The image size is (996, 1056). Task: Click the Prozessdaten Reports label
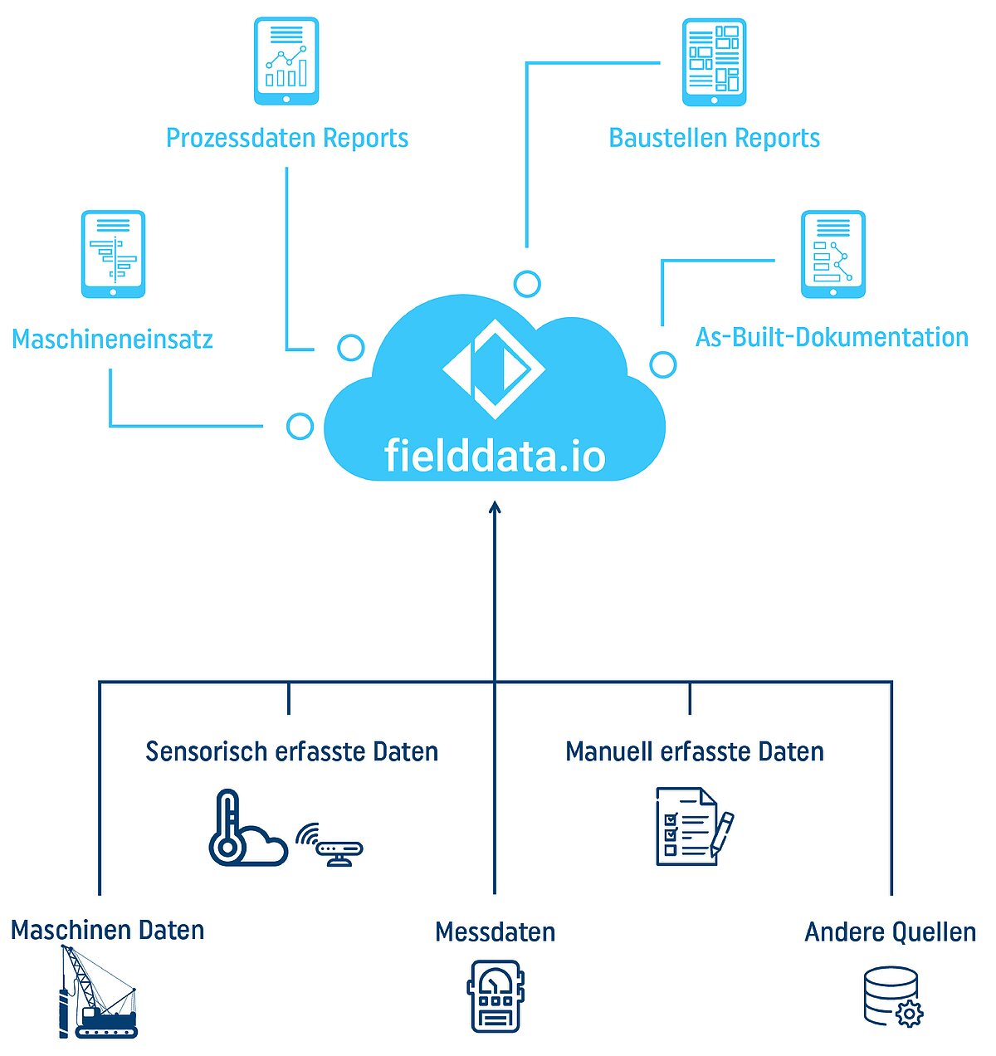pos(287,138)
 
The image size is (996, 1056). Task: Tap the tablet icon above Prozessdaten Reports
pos(286,61)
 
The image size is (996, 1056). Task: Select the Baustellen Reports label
pos(714,138)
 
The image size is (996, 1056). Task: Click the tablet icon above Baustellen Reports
pos(714,62)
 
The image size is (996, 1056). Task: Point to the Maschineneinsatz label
pos(112,339)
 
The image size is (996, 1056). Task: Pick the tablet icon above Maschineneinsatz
pos(113,254)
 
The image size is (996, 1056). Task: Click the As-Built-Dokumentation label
pos(832,337)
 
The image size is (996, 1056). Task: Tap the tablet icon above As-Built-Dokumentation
pos(832,254)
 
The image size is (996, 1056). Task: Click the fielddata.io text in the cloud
pos(495,456)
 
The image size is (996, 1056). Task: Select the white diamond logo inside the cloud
pos(493,369)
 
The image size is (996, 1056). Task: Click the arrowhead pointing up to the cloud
pos(495,507)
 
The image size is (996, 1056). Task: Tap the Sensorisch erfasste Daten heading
pos(291,751)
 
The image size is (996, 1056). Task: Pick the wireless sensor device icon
pos(332,845)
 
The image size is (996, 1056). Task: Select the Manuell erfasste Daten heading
pos(695,751)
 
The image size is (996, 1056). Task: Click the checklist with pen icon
pos(694,827)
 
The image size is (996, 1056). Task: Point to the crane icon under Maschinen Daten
pos(98,993)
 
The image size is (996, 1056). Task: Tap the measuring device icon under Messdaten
pos(496,996)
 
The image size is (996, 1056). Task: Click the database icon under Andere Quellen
pos(892,996)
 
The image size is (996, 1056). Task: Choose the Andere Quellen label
pos(890,931)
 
